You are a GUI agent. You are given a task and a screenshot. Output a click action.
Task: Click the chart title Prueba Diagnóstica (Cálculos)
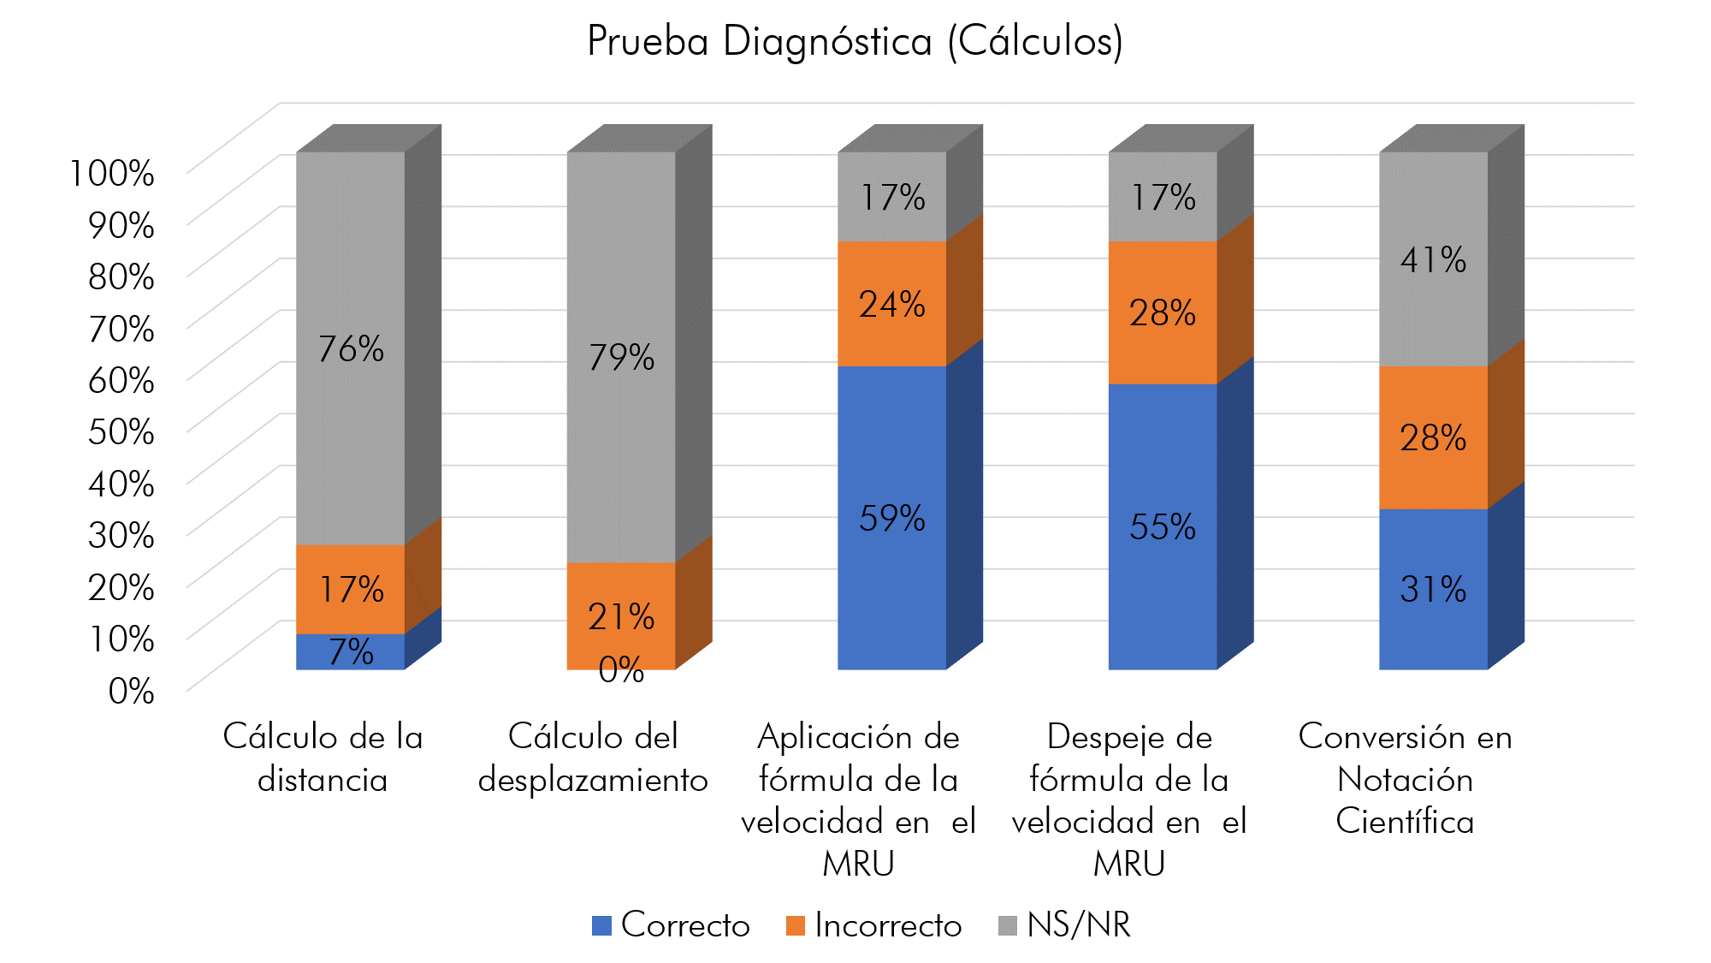coord(855,41)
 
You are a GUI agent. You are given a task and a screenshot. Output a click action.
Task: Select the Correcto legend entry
coord(672,925)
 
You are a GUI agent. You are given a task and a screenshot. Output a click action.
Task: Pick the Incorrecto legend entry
coord(874,925)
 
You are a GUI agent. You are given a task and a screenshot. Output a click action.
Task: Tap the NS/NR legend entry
coord(1065,925)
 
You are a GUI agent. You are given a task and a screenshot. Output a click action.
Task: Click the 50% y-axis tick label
coord(121,431)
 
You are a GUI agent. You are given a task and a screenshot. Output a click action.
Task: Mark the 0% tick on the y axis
coord(131,691)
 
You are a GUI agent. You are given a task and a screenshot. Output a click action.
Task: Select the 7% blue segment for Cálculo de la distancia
coord(351,652)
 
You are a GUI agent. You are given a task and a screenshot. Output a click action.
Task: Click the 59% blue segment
coord(891,518)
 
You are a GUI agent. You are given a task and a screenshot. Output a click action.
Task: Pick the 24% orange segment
coord(891,304)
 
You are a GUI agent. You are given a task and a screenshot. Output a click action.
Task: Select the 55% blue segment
coord(1162,526)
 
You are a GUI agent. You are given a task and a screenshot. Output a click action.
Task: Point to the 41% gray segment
coord(1433,259)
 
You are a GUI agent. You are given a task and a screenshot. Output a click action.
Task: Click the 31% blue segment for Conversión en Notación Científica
coord(1433,589)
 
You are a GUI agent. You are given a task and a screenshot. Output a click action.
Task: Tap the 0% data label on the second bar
coord(621,670)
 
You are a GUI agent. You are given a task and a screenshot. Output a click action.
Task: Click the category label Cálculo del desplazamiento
coord(593,758)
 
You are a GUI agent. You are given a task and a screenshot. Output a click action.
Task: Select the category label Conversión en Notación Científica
coord(1405,778)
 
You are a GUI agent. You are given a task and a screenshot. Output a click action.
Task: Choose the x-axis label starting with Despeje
coord(1129,800)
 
